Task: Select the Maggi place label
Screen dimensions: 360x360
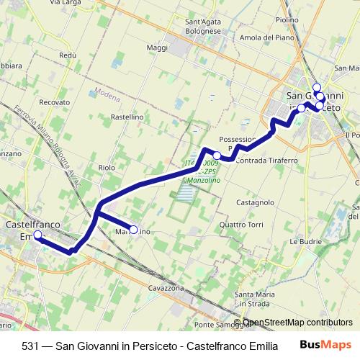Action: [x=156, y=48]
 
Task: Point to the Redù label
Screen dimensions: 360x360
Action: [x=68, y=55]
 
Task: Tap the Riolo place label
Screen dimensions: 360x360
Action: [x=107, y=167]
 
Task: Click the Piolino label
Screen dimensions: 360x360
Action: [x=287, y=20]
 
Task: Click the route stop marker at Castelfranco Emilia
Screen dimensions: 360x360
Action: [x=37, y=235]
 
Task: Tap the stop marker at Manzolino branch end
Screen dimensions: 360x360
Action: [x=133, y=230]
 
